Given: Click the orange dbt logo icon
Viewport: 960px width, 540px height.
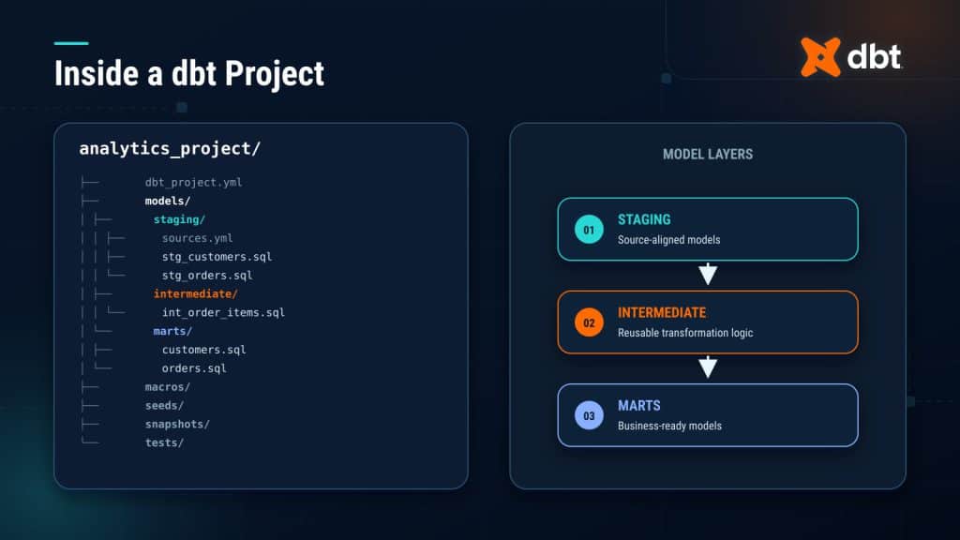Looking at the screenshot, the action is click(x=820, y=57).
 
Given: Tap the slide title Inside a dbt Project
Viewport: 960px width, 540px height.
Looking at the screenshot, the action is click(x=189, y=73).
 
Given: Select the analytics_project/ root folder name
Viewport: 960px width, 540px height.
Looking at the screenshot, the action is click(x=170, y=149).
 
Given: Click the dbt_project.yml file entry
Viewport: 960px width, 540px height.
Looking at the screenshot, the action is click(x=193, y=183).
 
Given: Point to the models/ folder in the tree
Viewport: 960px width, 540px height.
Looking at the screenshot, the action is click(x=167, y=201).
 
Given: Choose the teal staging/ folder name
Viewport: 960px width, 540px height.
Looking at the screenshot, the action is click(x=179, y=219).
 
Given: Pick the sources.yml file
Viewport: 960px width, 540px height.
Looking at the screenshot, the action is click(x=197, y=238).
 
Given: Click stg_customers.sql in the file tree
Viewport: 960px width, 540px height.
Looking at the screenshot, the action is click(x=217, y=257).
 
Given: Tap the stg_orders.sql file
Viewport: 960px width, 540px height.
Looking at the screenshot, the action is click(x=207, y=276).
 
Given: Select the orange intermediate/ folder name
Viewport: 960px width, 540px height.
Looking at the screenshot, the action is click(x=195, y=293).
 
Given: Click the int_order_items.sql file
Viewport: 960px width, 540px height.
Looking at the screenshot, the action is click(x=223, y=312).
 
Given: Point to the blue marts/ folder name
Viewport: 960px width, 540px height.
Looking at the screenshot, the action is click(x=172, y=331).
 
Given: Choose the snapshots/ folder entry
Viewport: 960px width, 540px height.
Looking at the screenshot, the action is click(x=177, y=424).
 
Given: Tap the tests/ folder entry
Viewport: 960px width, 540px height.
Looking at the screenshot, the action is click(x=164, y=442).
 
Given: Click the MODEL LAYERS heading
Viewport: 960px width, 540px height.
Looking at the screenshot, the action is click(x=708, y=155).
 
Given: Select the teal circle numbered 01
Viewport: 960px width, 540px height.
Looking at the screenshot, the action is click(x=589, y=230).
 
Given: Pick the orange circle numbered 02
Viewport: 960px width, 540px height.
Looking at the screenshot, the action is click(x=589, y=322).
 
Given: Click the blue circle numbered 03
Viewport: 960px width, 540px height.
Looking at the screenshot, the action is click(x=589, y=415).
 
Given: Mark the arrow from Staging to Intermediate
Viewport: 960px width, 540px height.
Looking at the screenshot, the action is click(x=708, y=274).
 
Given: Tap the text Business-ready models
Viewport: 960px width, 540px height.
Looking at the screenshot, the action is click(x=669, y=426).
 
